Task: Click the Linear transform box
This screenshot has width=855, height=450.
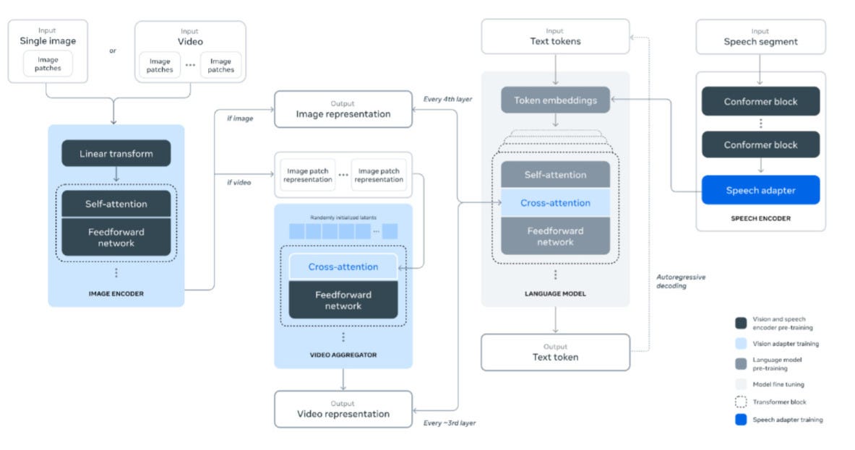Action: pyautogui.click(x=116, y=153)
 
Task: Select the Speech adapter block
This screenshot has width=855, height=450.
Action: pyautogui.click(x=760, y=191)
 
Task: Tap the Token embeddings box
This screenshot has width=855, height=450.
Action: pyautogui.click(x=555, y=100)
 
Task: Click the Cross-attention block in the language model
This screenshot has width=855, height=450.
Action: pyautogui.click(x=555, y=203)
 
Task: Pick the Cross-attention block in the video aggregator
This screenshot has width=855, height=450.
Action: pyautogui.click(x=343, y=267)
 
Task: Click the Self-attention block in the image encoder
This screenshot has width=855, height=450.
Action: pyautogui.click(x=116, y=204)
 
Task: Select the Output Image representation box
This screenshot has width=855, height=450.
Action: pyautogui.click(x=343, y=109)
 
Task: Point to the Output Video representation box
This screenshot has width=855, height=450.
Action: pyautogui.click(x=343, y=409)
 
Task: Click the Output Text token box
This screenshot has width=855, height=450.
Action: pyautogui.click(x=555, y=352)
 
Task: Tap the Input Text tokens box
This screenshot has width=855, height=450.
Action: pyautogui.click(x=555, y=36)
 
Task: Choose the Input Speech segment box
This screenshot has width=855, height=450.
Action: pyautogui.click(x=760, y=37)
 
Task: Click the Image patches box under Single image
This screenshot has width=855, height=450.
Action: pyautogui.click(x=48, y=64)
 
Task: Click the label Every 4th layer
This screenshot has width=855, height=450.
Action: pyautogui.click(x=447, y=99)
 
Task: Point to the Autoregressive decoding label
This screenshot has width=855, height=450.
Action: pyautogui.click(x=680, y=281)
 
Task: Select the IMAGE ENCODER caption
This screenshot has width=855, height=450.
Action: pyautogui.click(x=116, y=294)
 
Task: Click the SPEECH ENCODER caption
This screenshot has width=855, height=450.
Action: pyautogui.click(x=760, y=218)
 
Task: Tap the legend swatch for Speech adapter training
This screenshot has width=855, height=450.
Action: pyautogui.click(x=741, y=420)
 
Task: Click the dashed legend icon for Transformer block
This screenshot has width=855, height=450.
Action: pyautogui.click(x=741, y=402)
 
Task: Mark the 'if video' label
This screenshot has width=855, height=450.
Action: pyautogui.click(x=239, y=182)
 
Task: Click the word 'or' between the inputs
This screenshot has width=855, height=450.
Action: pyautogui.click(x=112, y=51)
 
